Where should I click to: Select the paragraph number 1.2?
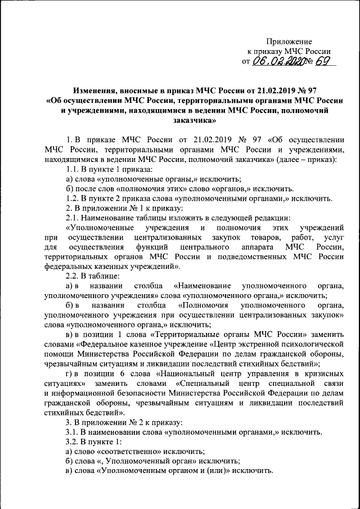point(74,199)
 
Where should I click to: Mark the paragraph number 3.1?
point(74,432)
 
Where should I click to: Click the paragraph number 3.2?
point(74,442)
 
